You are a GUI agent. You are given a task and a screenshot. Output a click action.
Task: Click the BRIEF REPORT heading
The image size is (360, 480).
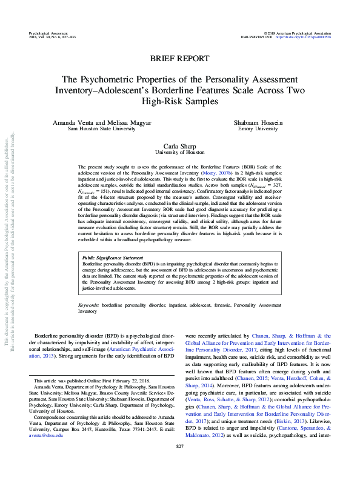tap(179, 58)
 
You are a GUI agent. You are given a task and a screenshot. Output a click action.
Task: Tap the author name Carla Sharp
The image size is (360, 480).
tap(179, 146)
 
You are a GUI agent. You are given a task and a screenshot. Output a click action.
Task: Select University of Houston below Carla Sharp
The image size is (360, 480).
tap(179, 153)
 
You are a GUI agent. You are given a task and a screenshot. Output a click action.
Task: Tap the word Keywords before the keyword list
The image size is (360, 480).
tap(89, 305)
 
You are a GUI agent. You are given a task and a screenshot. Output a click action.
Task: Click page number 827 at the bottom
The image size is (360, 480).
tap(179, 464)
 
